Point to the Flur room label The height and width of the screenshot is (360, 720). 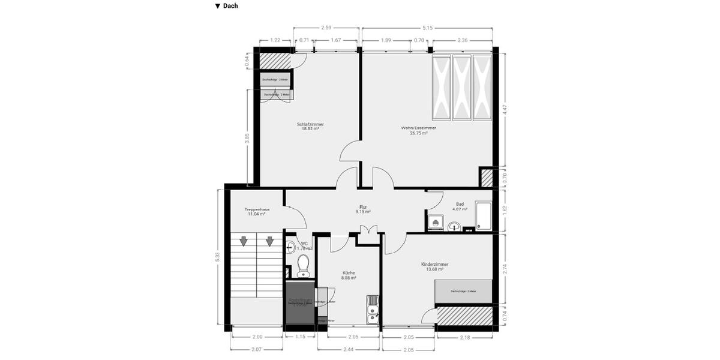[x=363, y=208]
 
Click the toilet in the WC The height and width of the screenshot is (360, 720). [x=303, y=264]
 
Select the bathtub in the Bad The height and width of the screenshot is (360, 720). [x=484, y=217]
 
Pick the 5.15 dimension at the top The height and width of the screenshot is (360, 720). [x=427, y=28]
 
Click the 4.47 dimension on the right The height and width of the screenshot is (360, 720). [x=505, y=110]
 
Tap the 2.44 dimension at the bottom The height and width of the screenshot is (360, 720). [x=349, y=349]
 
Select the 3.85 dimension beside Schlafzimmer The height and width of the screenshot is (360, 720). [x=247, y=137]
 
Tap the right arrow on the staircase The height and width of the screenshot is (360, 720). [x=270, y=241]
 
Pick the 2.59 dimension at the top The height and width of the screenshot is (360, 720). [x=326, y=28]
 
